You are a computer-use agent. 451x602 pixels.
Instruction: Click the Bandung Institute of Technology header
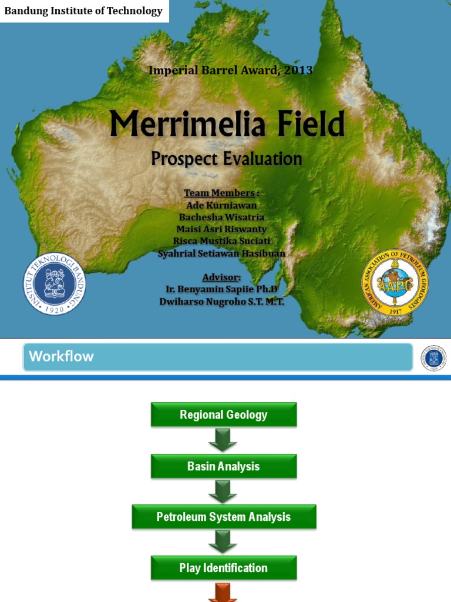click(x=83, y=11)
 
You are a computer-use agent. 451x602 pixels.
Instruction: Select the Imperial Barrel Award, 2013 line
click(x=230, y=71)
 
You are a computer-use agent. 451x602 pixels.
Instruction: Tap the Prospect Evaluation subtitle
click(x=227, y=159)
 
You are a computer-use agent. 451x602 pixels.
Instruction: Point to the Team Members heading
click(x=221, y=193)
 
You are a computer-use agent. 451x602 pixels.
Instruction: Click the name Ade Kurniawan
click(x=222, y=205)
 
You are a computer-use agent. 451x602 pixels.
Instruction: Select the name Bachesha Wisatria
click(x=222, y=218)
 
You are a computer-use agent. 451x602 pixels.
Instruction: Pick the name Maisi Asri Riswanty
click(x=222, y=229)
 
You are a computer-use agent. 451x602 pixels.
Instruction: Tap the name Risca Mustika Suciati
click(x=222, y=241)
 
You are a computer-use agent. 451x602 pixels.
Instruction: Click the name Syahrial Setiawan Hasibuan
click(x=222, y=253)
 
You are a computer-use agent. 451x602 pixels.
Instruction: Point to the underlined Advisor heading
click(x=221, y=277)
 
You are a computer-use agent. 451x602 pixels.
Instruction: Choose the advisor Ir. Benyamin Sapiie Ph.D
click(x=222, y=289)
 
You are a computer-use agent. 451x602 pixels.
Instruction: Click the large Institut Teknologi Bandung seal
click(x=55, y=283)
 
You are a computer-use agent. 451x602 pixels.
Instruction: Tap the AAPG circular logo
click(x=395, y=282)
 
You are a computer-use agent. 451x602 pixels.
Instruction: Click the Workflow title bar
click(x=217, y=357)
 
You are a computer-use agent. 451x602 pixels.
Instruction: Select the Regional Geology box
click(x=224, y=415)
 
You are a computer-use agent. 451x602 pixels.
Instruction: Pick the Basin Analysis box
click(x=224, y=467)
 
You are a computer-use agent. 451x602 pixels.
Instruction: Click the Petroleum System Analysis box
click(x=224, y=517)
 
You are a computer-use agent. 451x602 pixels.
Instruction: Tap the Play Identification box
click(x=224, y=568)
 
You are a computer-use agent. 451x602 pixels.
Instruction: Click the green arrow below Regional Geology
click(x=223, y=440)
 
